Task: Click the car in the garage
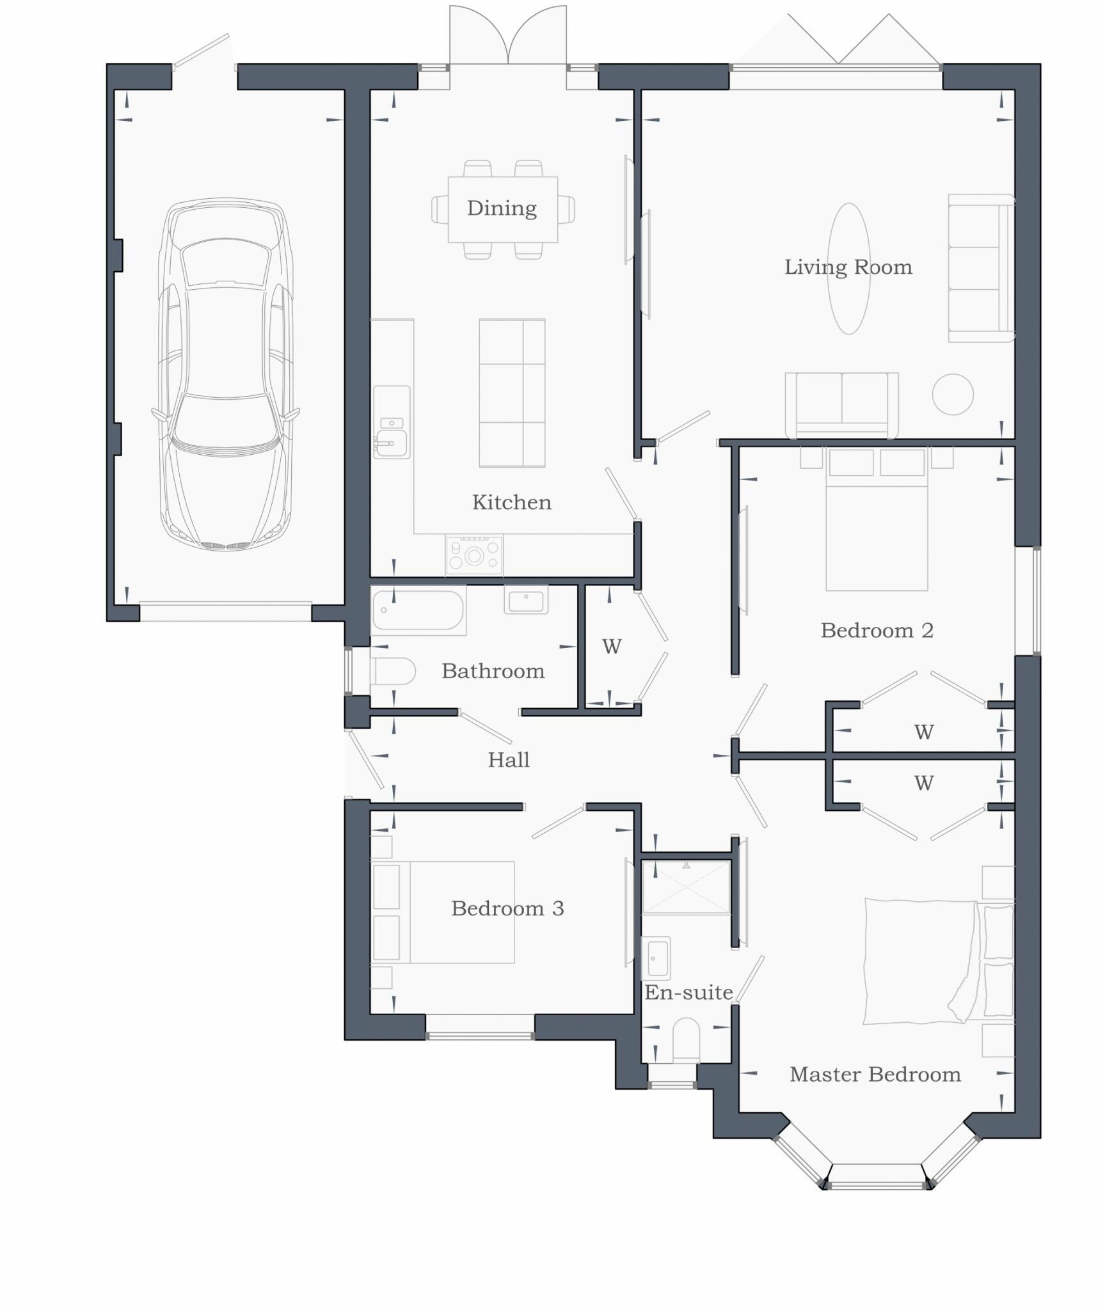(x=225, y=374)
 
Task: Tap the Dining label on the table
(x=502, y=209)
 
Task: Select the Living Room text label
(x=848, y=267)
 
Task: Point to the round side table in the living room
(x=953, y=395)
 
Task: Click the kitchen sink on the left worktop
(x=391, y=441)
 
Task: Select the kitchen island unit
(x=512, y=393)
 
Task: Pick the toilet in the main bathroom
(x=392, y=672)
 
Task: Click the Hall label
(x=509, y=760)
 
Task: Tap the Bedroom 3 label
(x=507, y=908)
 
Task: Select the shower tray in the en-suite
(x=686, y=887)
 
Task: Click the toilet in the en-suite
(x=687, y=1039)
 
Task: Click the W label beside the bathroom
(x=612, y=647)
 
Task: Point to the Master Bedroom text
(x=875, y=1075)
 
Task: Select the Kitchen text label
(x=511, y=503)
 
